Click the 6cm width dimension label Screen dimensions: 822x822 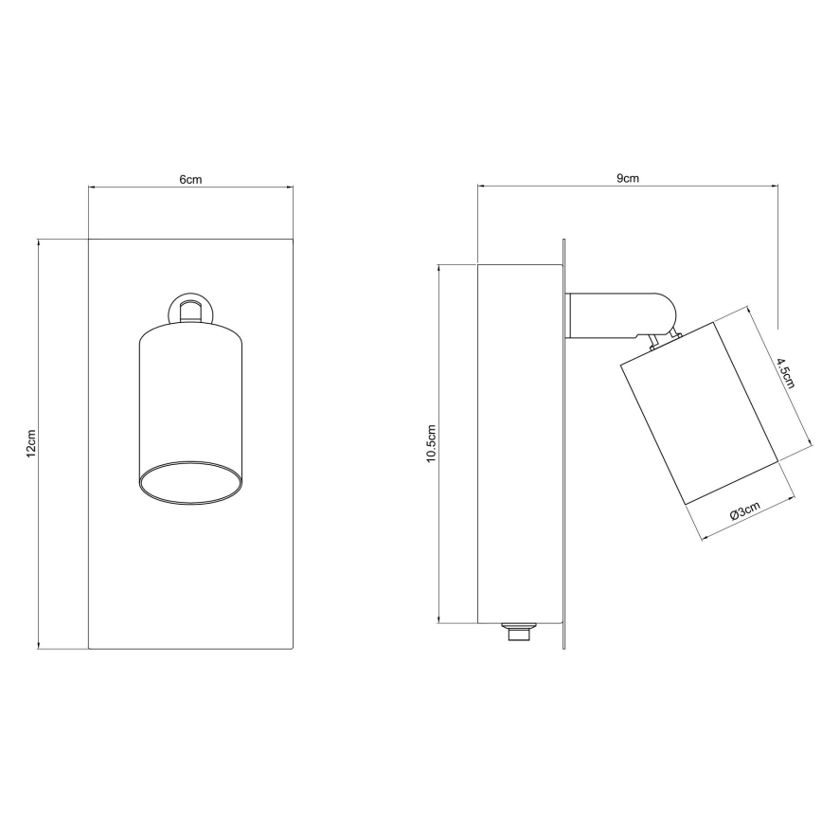[x=191, y=179]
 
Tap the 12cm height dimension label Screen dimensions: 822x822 [x=31, y=443]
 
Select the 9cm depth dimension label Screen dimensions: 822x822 [x=628, y=178]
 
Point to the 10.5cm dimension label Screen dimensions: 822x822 [x=432, y=443]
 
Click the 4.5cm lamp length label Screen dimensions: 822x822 [x=786, y=373]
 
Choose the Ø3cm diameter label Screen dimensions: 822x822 [x=744, y=510]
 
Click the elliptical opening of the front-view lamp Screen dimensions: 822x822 [x=191, y=482]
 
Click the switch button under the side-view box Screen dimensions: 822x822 [x=519, y=632]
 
